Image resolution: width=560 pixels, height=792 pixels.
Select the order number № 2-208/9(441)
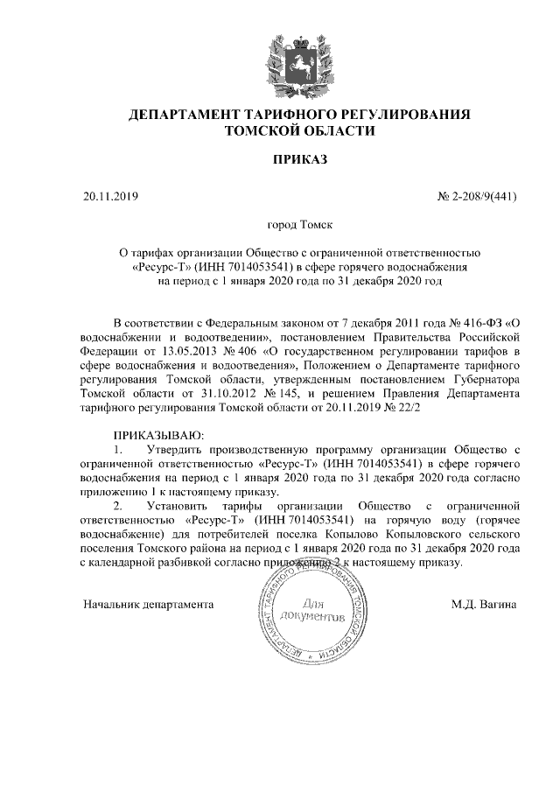point(477,195)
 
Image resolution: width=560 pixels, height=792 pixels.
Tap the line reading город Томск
point(299,226)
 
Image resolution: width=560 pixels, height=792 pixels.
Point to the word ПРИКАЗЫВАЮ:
point(158,435)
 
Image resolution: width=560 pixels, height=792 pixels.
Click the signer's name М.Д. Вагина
point(485,604)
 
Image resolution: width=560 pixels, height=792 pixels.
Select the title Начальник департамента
point(149,604)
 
